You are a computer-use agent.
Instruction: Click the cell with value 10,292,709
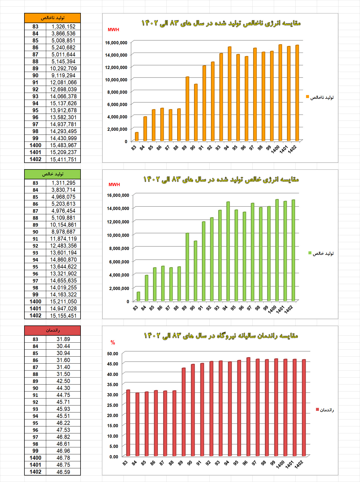[63, 68]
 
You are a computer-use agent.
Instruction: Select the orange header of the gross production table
[52, 18]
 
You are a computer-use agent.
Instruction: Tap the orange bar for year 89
[187, 109]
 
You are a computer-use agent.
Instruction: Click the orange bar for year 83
[137, 136]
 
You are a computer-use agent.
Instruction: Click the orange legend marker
[308, 97]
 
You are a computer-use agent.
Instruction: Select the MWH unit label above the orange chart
[113, 30]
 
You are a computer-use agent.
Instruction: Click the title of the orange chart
[221, 23]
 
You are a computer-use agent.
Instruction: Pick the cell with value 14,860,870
[63, 260]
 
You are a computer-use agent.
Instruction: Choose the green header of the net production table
[52, 174]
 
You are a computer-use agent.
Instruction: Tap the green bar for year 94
[228, 251]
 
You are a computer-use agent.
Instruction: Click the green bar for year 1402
[293, 250]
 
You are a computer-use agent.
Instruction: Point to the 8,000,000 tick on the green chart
[119, 248]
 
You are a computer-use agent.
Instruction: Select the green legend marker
[310, 253]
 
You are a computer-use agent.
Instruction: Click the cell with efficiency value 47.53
[63, 430]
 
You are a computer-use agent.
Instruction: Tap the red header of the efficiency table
[52, 331]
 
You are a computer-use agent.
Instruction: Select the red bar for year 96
[248, 407]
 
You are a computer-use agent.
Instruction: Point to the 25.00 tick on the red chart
[112, 405]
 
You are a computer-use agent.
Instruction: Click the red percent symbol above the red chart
[113, 342]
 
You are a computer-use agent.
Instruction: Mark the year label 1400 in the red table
[35, 458]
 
